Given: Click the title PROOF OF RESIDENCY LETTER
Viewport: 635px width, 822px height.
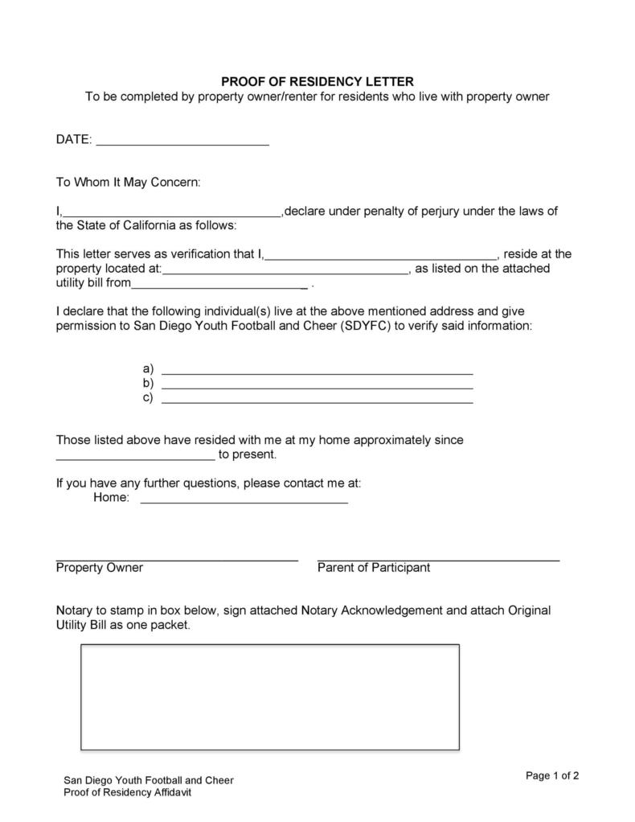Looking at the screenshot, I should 317,81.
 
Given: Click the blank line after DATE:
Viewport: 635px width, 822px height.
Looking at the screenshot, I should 182,143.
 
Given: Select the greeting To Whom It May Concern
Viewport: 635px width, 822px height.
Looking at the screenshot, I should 128,183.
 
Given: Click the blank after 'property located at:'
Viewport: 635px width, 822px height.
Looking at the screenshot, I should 285,273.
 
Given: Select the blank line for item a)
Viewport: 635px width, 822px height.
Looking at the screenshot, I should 317,372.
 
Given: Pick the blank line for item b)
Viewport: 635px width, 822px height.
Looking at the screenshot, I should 317,386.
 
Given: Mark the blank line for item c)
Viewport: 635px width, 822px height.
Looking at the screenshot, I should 317,400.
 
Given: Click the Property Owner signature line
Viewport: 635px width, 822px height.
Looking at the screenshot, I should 177,557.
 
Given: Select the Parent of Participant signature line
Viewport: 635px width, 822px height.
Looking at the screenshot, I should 438,557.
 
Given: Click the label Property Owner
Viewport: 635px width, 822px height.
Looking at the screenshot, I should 99,568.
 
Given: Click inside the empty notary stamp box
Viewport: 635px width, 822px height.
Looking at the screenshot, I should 269,697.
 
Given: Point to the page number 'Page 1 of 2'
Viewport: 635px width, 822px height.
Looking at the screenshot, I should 552,776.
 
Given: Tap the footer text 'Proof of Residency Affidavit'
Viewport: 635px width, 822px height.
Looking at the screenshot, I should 128,793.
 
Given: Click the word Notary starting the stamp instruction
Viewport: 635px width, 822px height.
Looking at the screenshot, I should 74,610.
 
